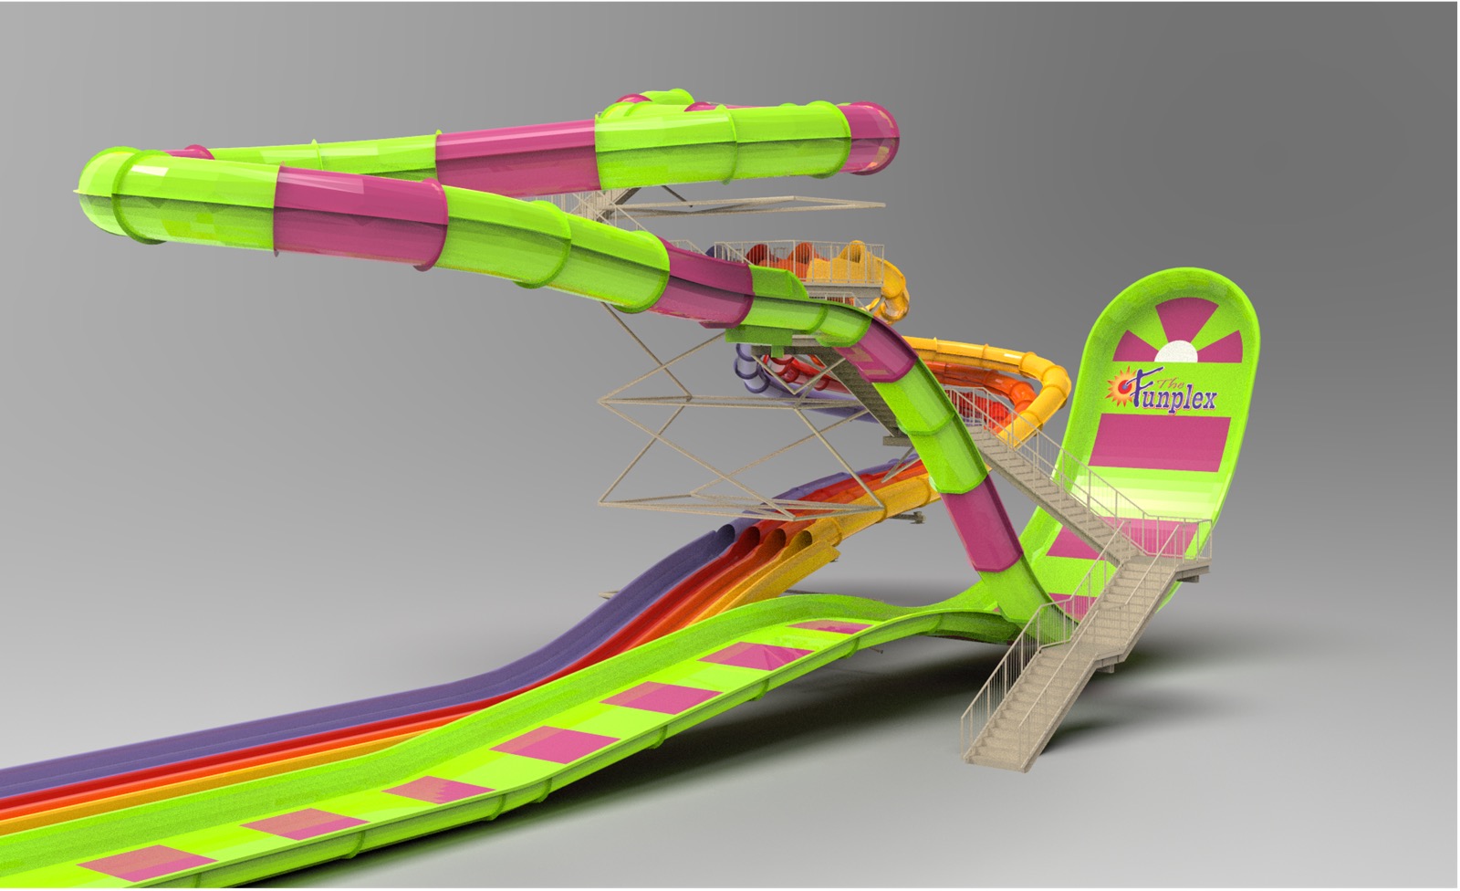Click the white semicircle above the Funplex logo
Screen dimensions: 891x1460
[1175, 352]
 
